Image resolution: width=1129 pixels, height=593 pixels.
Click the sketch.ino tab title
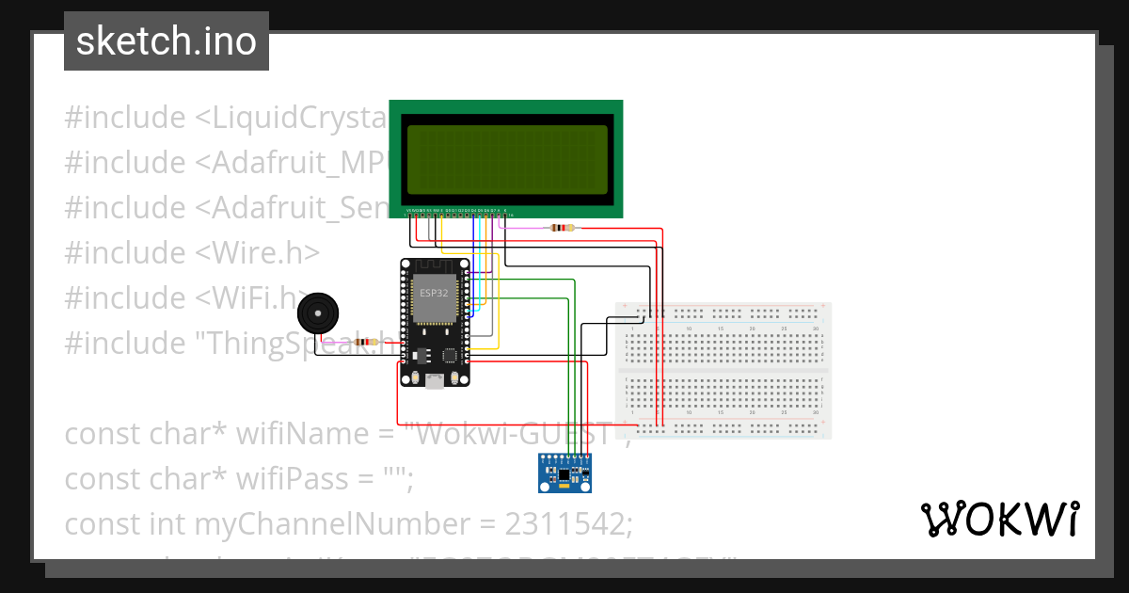[166, 41]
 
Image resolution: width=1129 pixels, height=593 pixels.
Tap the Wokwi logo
[998, 519]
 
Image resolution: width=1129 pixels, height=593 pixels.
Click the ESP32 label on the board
[434, 293]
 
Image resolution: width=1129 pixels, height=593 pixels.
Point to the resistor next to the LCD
[562, 228]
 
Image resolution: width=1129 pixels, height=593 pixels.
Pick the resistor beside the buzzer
[359, 343]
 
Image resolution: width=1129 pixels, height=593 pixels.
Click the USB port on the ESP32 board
[435, 380]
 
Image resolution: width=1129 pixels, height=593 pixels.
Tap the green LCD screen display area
[506, 159]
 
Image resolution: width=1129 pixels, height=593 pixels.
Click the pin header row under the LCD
[456, 212]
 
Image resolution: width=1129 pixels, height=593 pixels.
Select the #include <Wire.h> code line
[192, 253]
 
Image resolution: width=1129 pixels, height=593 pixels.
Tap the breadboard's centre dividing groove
[723, 370]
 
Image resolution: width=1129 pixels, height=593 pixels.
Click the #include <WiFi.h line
[184, 298]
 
